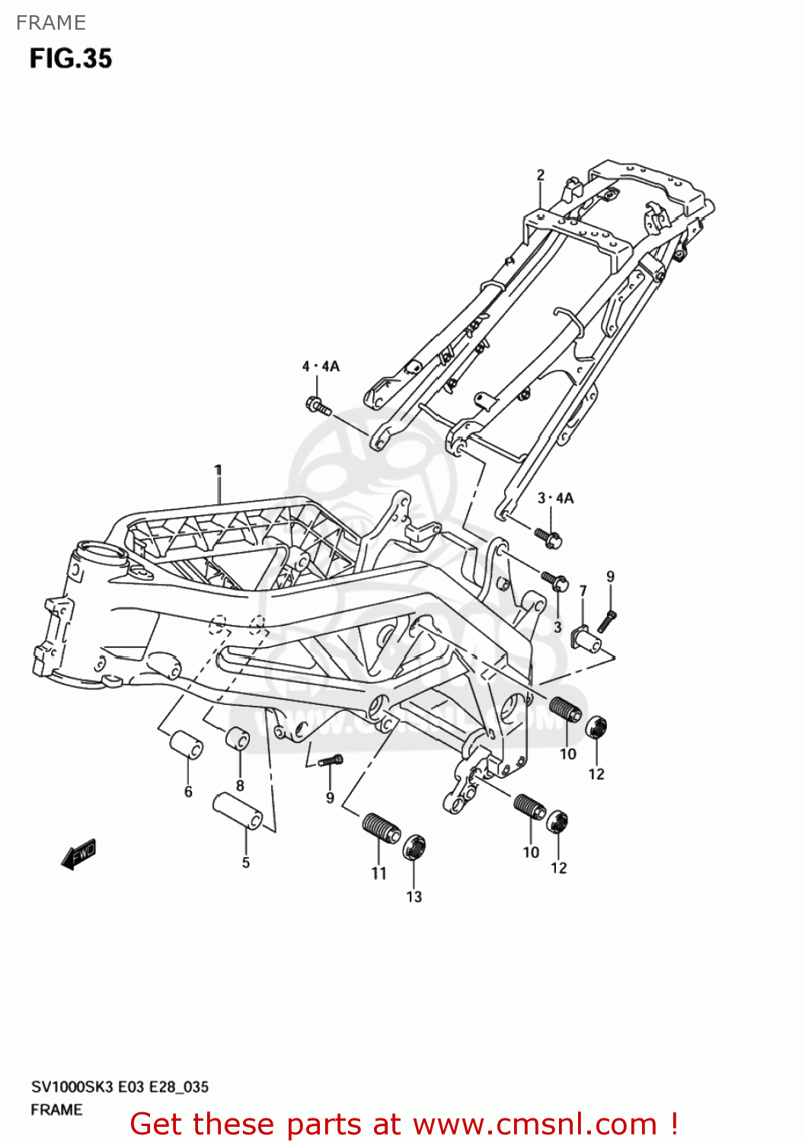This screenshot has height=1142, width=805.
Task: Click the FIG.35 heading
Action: pos(71,59)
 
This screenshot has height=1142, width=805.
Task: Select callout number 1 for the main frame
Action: pos(218,470)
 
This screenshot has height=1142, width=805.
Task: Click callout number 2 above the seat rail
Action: pos(541,174)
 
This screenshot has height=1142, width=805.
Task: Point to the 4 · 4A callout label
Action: pos(321,366)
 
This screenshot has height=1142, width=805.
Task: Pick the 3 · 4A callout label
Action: pos(555,498)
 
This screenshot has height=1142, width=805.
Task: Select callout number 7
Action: pos(583,591)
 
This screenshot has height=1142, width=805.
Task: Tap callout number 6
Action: pos(188,792)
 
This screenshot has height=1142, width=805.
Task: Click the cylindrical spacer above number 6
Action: pos(185,745)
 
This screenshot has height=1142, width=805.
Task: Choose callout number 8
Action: pos(240,786)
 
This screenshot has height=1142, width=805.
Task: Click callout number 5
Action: pos(246,863)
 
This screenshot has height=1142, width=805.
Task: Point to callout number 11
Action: pos(379,874)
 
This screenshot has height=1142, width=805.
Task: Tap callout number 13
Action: pos(414,897)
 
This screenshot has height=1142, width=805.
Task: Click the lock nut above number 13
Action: pos(414,846)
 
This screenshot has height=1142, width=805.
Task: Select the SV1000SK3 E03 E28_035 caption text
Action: pos(120,1087)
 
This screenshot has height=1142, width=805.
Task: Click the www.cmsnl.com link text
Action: pos(535,1124)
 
